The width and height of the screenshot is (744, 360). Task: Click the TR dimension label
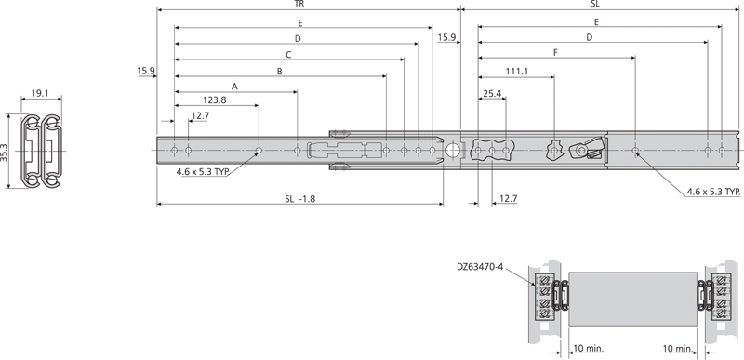pos(297,5)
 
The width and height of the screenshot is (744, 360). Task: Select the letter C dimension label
pos(289,55)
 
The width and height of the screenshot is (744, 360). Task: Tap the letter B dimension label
pos(279,71)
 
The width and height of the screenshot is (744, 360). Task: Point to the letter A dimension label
pos(234,86)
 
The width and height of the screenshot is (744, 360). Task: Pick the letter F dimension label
pos(555,53)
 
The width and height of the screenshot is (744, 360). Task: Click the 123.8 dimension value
pos(215,100)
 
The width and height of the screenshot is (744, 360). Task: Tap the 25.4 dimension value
pos(493,94)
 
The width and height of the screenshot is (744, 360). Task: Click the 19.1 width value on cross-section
pos(40,93)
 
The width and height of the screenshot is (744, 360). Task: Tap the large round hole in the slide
pos(453,150)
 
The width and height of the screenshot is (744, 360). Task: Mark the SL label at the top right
pos(595,5)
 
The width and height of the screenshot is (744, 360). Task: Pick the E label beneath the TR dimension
pos(299,21)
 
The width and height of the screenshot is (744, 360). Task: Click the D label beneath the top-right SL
pos(590,37)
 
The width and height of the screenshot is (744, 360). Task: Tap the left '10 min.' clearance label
pos(584,349)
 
